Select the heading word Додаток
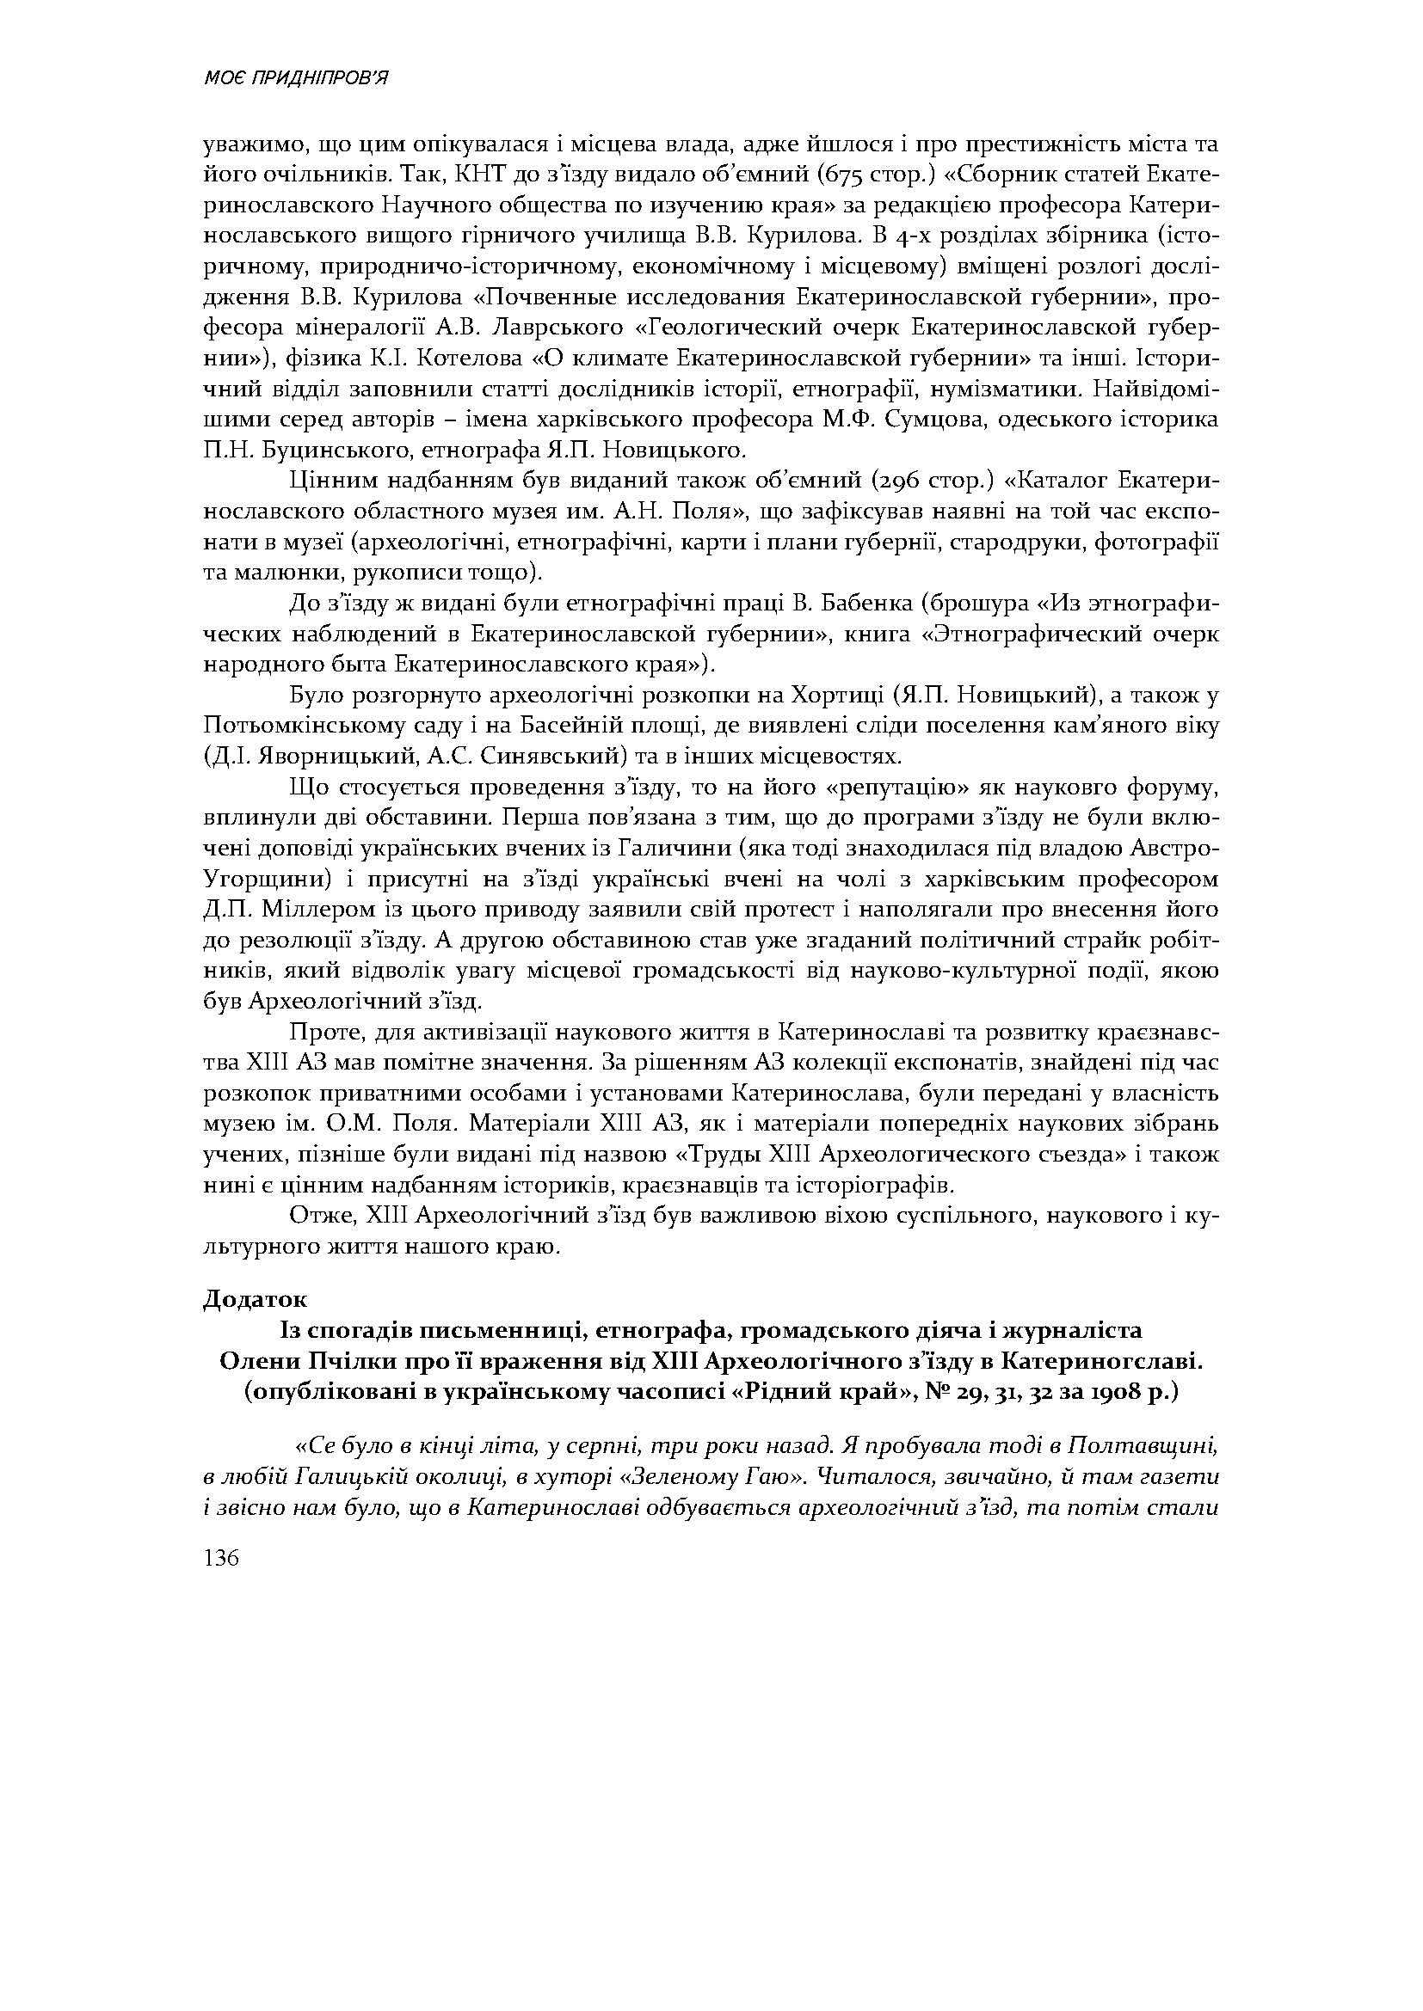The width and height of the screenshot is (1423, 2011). [x=255, y=1299]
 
